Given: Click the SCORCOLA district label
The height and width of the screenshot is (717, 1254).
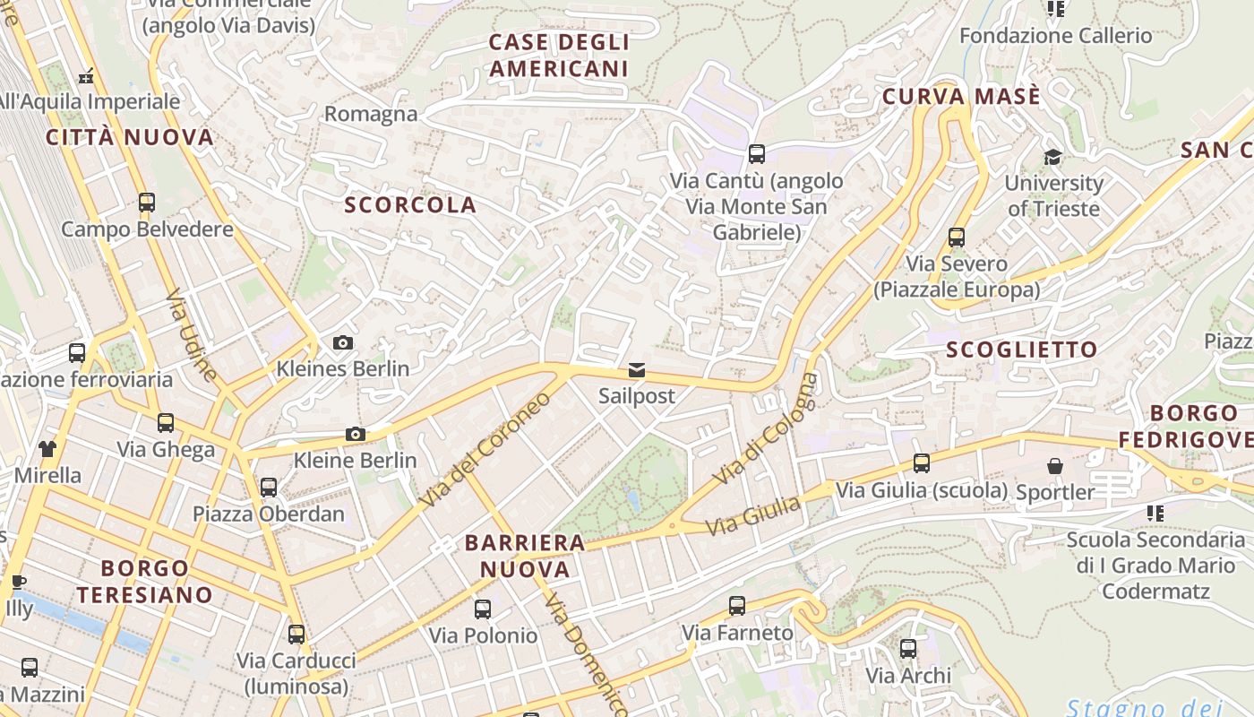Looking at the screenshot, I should point(410,205).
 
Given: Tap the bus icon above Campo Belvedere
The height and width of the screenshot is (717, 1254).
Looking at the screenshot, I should point(147,203).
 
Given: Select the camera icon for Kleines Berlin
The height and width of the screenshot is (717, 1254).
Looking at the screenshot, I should point(342,342).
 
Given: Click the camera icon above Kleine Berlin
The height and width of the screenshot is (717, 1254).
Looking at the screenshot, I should point(356,435).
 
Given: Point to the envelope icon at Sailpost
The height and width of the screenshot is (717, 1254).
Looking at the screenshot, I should point(637,370).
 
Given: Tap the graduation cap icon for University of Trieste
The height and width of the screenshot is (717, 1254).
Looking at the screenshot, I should point(1052,158).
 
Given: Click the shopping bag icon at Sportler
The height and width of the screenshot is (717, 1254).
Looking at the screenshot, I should point(1055,466).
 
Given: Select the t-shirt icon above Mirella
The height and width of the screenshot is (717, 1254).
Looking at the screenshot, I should point(47,448).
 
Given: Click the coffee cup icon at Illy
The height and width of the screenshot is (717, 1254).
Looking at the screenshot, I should point(17,583).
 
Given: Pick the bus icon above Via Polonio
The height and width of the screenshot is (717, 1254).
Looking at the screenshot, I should point(483,609).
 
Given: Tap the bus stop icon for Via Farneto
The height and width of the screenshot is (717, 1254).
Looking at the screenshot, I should point(737,606).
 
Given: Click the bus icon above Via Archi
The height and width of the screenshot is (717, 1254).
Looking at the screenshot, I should point(908,649).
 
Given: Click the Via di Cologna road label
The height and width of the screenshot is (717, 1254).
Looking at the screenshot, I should point(766,428).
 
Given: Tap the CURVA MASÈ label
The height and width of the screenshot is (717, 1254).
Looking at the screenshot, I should point(961,97).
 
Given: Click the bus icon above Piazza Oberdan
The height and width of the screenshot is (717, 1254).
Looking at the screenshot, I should point(269,488).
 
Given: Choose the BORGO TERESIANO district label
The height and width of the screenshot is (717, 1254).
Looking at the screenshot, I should point(145,581).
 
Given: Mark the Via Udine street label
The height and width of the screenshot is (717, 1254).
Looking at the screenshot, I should point(191,334).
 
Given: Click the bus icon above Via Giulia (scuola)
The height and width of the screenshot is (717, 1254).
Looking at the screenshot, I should point(922,463).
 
